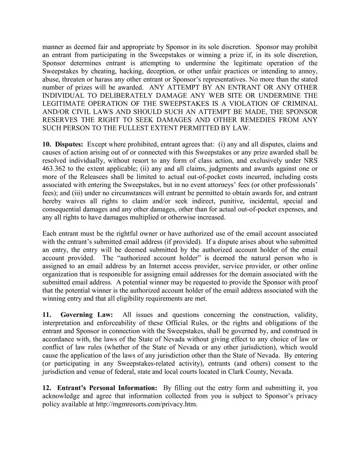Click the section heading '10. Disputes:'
pyautogui.click(x=63, y=144)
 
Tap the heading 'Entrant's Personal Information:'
pyautogui.click(x=107, y=388)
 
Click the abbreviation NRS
pyautogui.click(x=311, y=161)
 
